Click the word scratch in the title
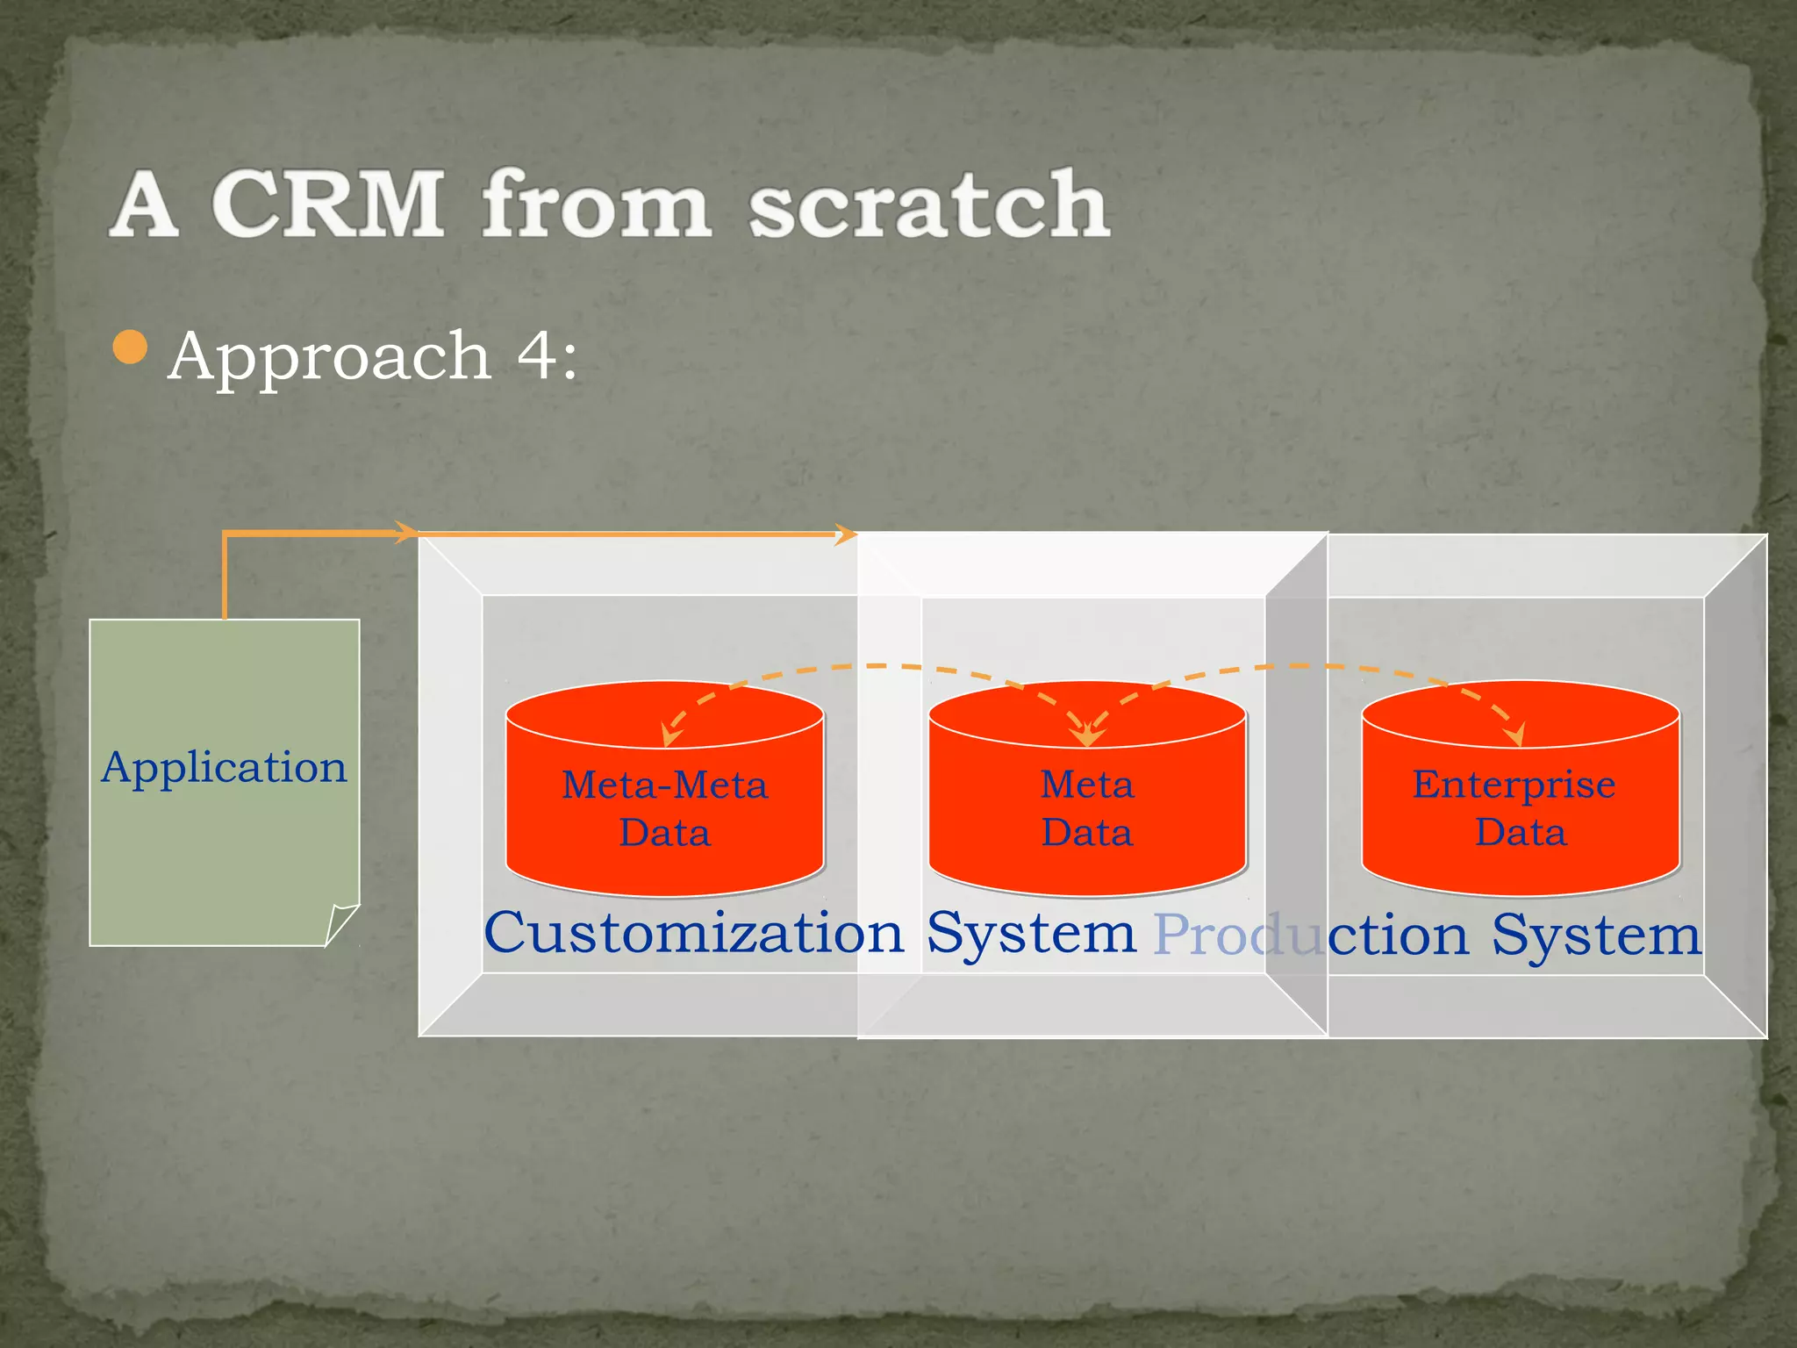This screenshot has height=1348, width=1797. [x=928, y=204]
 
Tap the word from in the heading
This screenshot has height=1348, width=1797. [x=596, y=204]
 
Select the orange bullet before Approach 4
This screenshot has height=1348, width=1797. [x=131, y=348]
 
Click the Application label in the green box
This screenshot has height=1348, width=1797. [x=225, y=768]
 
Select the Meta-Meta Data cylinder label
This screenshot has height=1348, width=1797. [x=664, y=808]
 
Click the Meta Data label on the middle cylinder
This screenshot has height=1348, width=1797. [x=1087, y=808]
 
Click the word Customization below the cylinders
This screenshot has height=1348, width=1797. [x=693, y=933]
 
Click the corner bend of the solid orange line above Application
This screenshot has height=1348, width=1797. [x=225, y=534]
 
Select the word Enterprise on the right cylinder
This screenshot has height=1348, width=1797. [x=1514, y=785]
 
